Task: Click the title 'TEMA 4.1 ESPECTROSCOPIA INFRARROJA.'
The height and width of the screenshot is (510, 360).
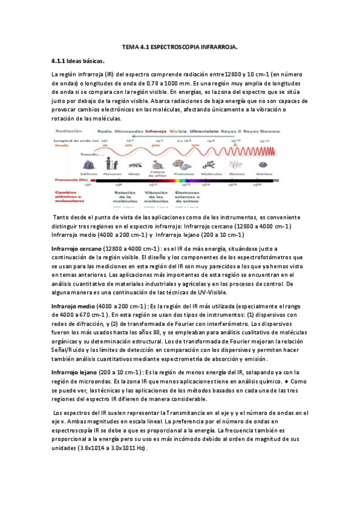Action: click(180, 46)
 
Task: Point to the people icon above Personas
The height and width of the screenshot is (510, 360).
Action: click(111, 163)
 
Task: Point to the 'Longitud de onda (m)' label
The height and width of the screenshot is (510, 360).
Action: click(71, 139)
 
